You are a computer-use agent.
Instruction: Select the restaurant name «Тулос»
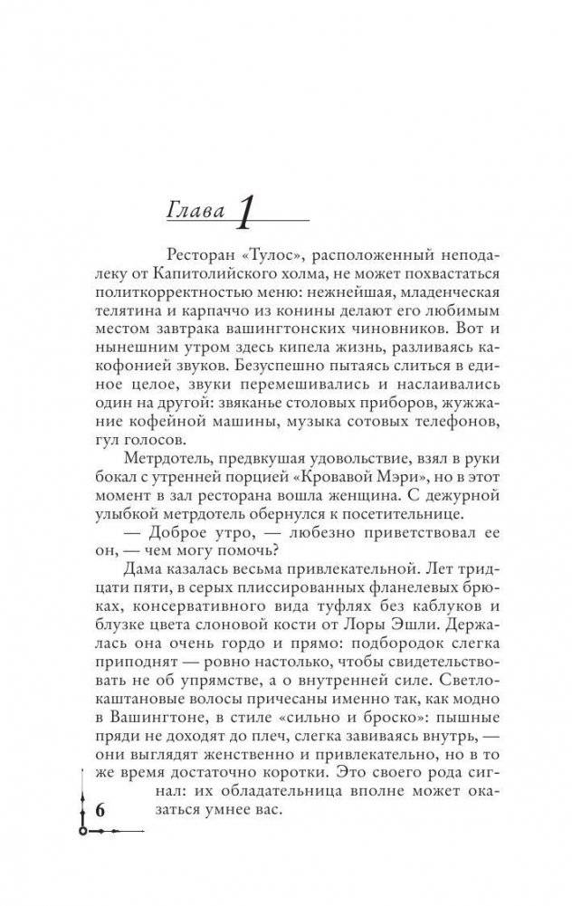click(x=272, y=256)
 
